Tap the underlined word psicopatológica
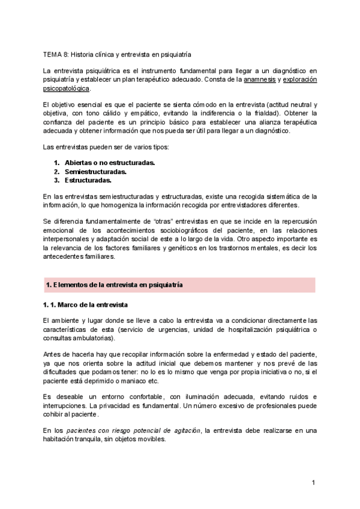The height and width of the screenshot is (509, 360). (67, 88)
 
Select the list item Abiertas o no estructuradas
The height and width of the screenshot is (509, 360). (110, 163)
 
